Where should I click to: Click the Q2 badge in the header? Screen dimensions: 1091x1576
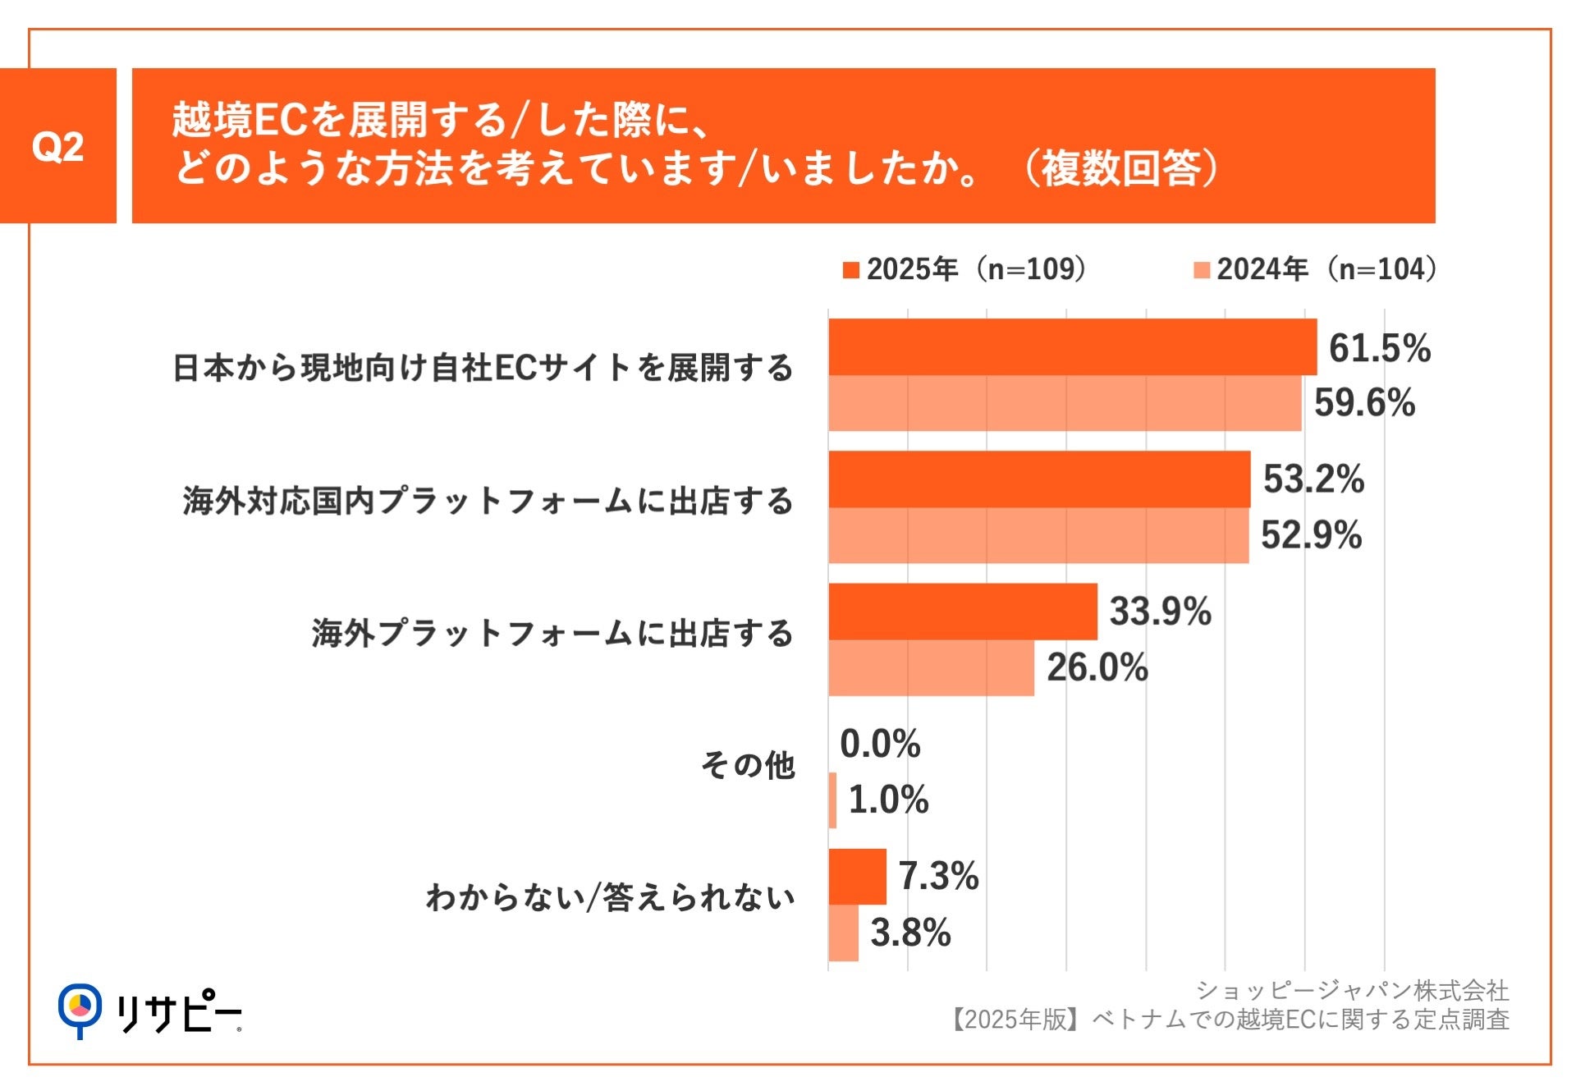(x=57, y=146)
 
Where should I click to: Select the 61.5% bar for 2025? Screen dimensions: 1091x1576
(x=1072, y=347)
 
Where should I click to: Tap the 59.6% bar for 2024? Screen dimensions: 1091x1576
(x=1065, y=403)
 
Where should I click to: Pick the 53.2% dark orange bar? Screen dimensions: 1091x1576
(x=1039, y=479)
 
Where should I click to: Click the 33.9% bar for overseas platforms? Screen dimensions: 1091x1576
(x=963, y=612)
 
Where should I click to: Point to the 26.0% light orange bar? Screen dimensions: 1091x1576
(x=931, y=668)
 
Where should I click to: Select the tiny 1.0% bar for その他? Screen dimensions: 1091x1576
(x=832, y=800)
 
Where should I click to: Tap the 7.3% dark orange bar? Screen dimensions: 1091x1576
(x=857, y=877)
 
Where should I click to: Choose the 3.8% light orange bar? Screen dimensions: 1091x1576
(x=843, y=933)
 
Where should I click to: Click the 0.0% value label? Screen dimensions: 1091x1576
(x=880, y=744)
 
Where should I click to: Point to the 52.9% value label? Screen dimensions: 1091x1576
(x=1311, y=535)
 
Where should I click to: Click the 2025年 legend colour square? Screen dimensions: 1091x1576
(x=851, y=270)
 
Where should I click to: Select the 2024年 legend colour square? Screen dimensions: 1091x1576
(x=1202, y=270)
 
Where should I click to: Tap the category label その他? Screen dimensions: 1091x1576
(x=748, y=765)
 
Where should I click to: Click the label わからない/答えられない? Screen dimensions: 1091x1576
(x=610, y=897)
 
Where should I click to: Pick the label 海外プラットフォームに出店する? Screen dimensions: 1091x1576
(x=552, y=633)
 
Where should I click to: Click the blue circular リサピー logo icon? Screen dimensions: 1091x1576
(x=80, y=1007)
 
